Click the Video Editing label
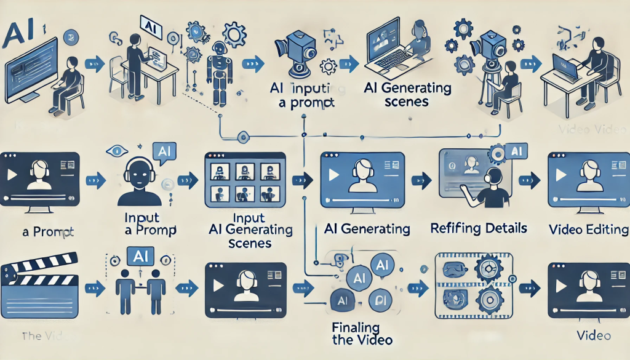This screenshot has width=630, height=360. click(x=588, y=230)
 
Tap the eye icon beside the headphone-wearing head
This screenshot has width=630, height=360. click(x=113, y=150)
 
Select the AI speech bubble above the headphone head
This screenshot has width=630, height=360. click(x=163, y=151)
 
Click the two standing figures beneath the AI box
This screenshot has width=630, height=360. click(x=139, y=290)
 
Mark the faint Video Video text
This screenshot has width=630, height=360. click(x=584, y=130)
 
